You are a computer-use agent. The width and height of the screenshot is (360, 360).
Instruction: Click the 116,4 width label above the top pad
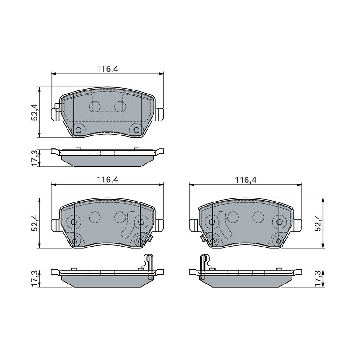click(107, 69)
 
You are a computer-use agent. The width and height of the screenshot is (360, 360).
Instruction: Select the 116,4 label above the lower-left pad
click(107, 179)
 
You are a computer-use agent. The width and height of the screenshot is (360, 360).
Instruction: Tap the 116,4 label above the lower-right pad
click(245, 180)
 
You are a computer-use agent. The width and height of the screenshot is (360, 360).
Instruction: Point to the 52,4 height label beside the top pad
click(35, 112)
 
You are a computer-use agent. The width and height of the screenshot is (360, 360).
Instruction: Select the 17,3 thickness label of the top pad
click(35, 158)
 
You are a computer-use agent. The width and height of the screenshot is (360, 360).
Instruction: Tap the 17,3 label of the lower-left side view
click(35, 278)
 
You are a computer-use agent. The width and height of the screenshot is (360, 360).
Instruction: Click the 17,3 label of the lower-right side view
click(319, 278)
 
